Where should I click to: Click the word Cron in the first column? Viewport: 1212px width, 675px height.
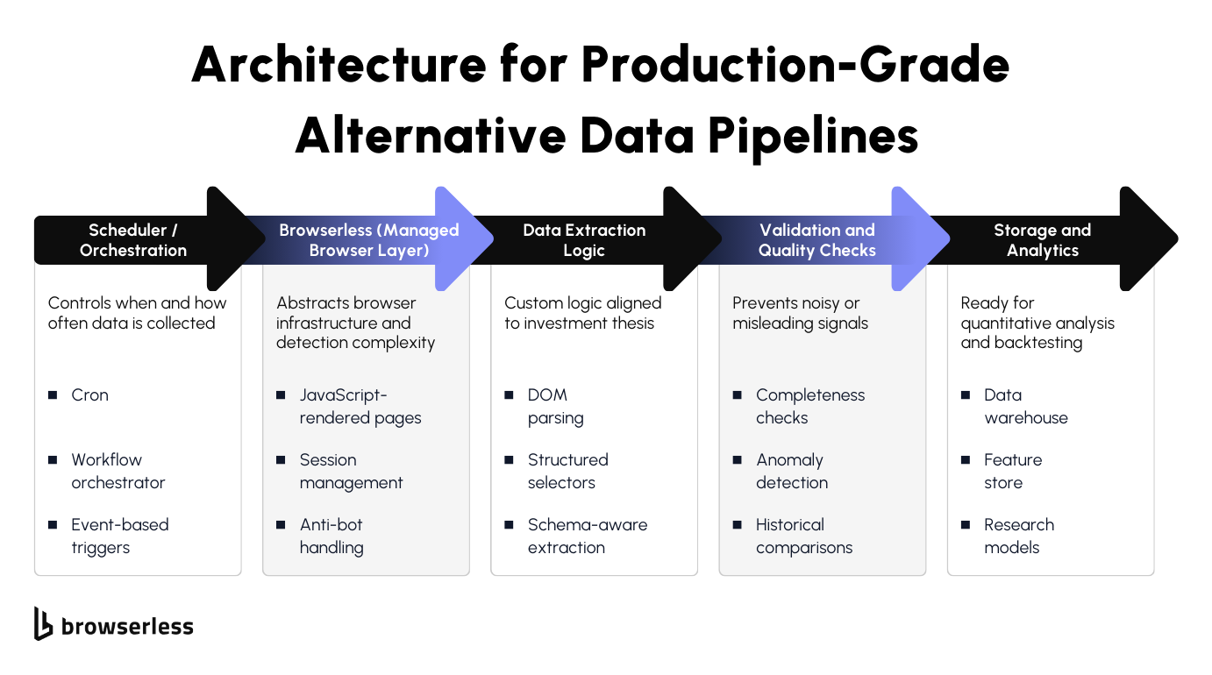(x=89, y=395)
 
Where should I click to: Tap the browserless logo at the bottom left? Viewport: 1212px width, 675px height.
(x=114, y=625)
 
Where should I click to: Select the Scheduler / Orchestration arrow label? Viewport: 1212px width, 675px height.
(x=133, y=240)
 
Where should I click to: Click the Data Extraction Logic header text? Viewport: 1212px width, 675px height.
(x=584, y=240)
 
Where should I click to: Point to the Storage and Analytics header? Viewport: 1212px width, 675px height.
(x=1042, y=240)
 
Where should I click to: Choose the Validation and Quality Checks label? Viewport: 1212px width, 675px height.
(x=816, y=240)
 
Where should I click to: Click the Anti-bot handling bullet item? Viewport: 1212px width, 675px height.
(x=331, y=536)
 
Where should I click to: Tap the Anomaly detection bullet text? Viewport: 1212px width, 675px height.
(x=791, y=471)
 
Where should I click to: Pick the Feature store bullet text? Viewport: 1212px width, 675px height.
(x=1012, y=471)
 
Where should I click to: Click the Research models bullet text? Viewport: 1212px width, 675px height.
(x=1018, y=536)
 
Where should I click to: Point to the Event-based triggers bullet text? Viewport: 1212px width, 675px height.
(x=119, y=536)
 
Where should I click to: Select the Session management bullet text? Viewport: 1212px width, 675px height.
(x=351, y=471)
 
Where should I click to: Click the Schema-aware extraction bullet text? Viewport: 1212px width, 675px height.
(x=587, y=536)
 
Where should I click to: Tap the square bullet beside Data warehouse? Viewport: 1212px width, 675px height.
(x=965, y=395)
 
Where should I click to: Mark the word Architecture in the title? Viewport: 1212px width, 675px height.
(x=339, y=64)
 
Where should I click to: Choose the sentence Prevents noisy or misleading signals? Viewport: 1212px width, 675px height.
(x=800, y=313)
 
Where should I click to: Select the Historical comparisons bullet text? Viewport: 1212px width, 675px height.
(x=803, y=536)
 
